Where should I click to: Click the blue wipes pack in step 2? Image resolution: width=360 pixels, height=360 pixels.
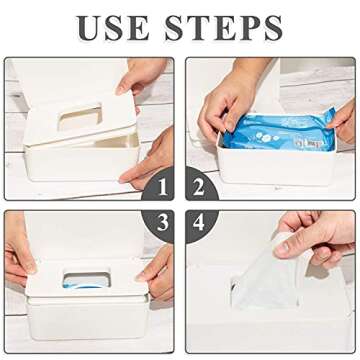point(275,131)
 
